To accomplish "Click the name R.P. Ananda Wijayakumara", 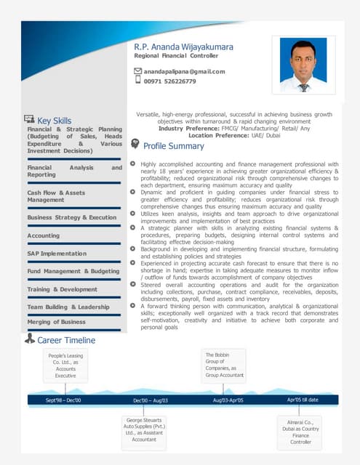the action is pos(184,46).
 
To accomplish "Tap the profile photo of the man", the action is pos(303,65).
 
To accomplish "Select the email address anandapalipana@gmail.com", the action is pos(184,71).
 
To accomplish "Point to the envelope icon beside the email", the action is pos(137,71).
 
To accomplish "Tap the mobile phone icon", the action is pos(137,81).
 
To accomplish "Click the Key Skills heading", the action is pos(54,121).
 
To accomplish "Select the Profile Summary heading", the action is pos(174,146).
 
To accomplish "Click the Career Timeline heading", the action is pos(65,340).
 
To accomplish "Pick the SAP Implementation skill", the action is pos(57,254).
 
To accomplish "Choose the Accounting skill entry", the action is pos(44,236).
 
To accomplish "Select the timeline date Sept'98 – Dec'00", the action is pos(63,400).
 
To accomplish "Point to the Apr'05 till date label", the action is pos(303,400).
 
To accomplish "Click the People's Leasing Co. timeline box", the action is pos(65,365).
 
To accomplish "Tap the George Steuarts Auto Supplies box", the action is pos(144,429).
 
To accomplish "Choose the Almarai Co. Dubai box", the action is pos(300,432).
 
